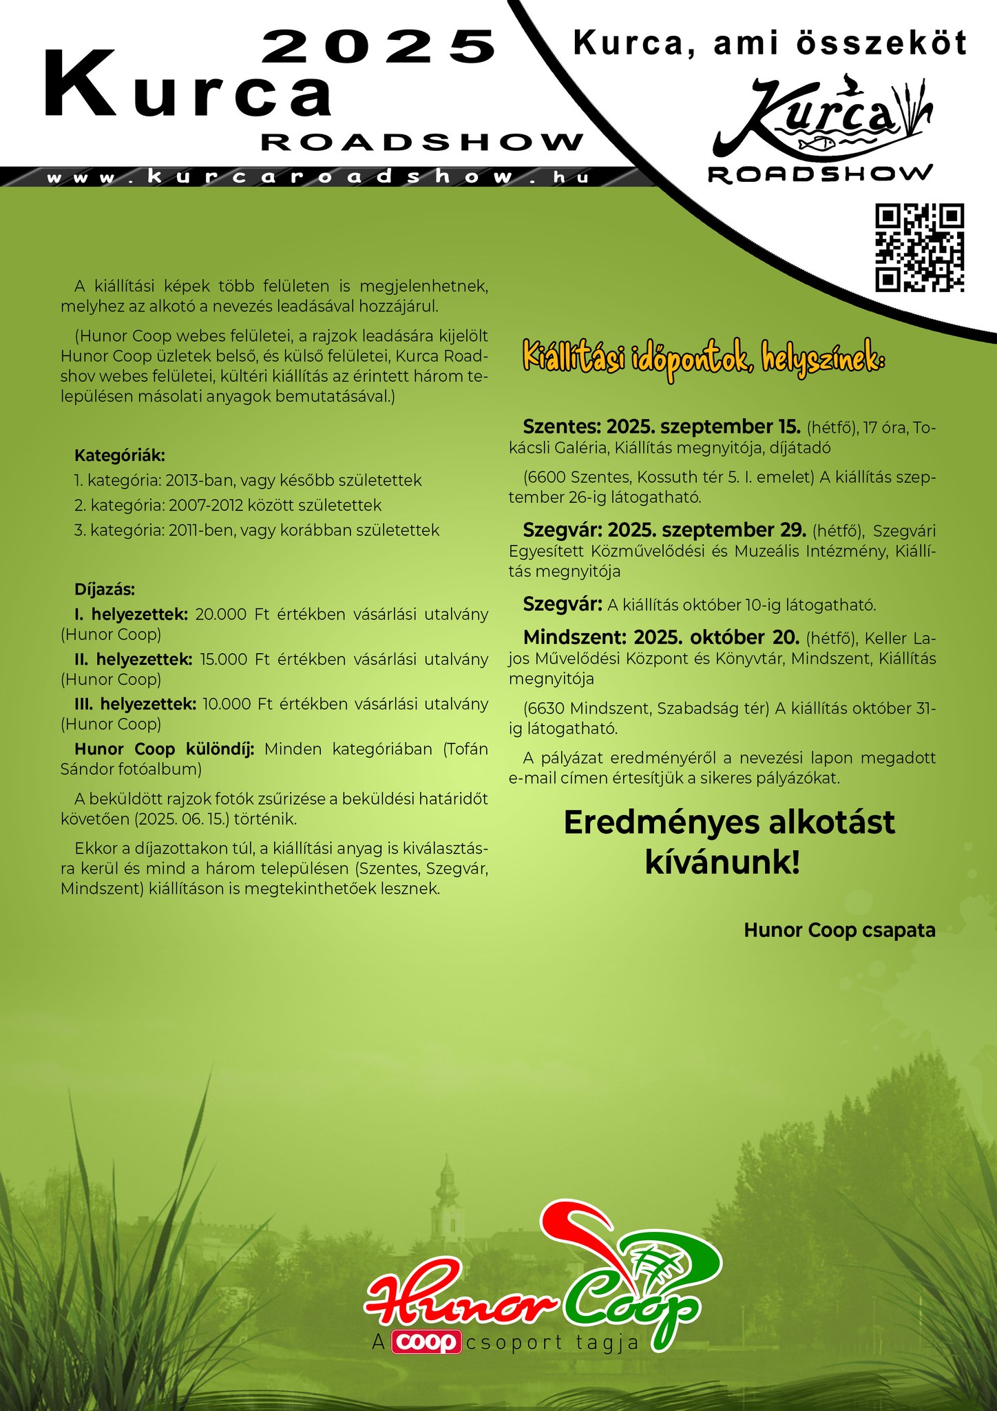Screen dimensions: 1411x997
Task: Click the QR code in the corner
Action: (x=919, y=247)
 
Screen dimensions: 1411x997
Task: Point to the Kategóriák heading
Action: (x=120, y=455)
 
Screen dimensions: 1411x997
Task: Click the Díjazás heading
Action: (x=105, y=590)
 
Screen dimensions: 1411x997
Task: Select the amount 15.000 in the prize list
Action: (x=223, y=659)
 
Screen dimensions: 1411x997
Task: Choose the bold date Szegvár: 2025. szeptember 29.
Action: (x=664, y=530)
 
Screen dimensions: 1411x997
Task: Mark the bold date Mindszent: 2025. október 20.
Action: (x=661, y=637)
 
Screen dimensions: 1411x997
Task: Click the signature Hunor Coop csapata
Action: (x=839, y=930)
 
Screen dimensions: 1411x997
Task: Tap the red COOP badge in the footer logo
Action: (x=426, y=1342)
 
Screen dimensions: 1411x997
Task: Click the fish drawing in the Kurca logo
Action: (x=817, y=143)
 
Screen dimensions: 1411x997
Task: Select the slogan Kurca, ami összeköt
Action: (x=770, y=43)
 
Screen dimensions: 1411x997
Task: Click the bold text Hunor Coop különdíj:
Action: (x=165, y=749)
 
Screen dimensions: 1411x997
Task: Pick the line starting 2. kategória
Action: (x=227, y=505)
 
